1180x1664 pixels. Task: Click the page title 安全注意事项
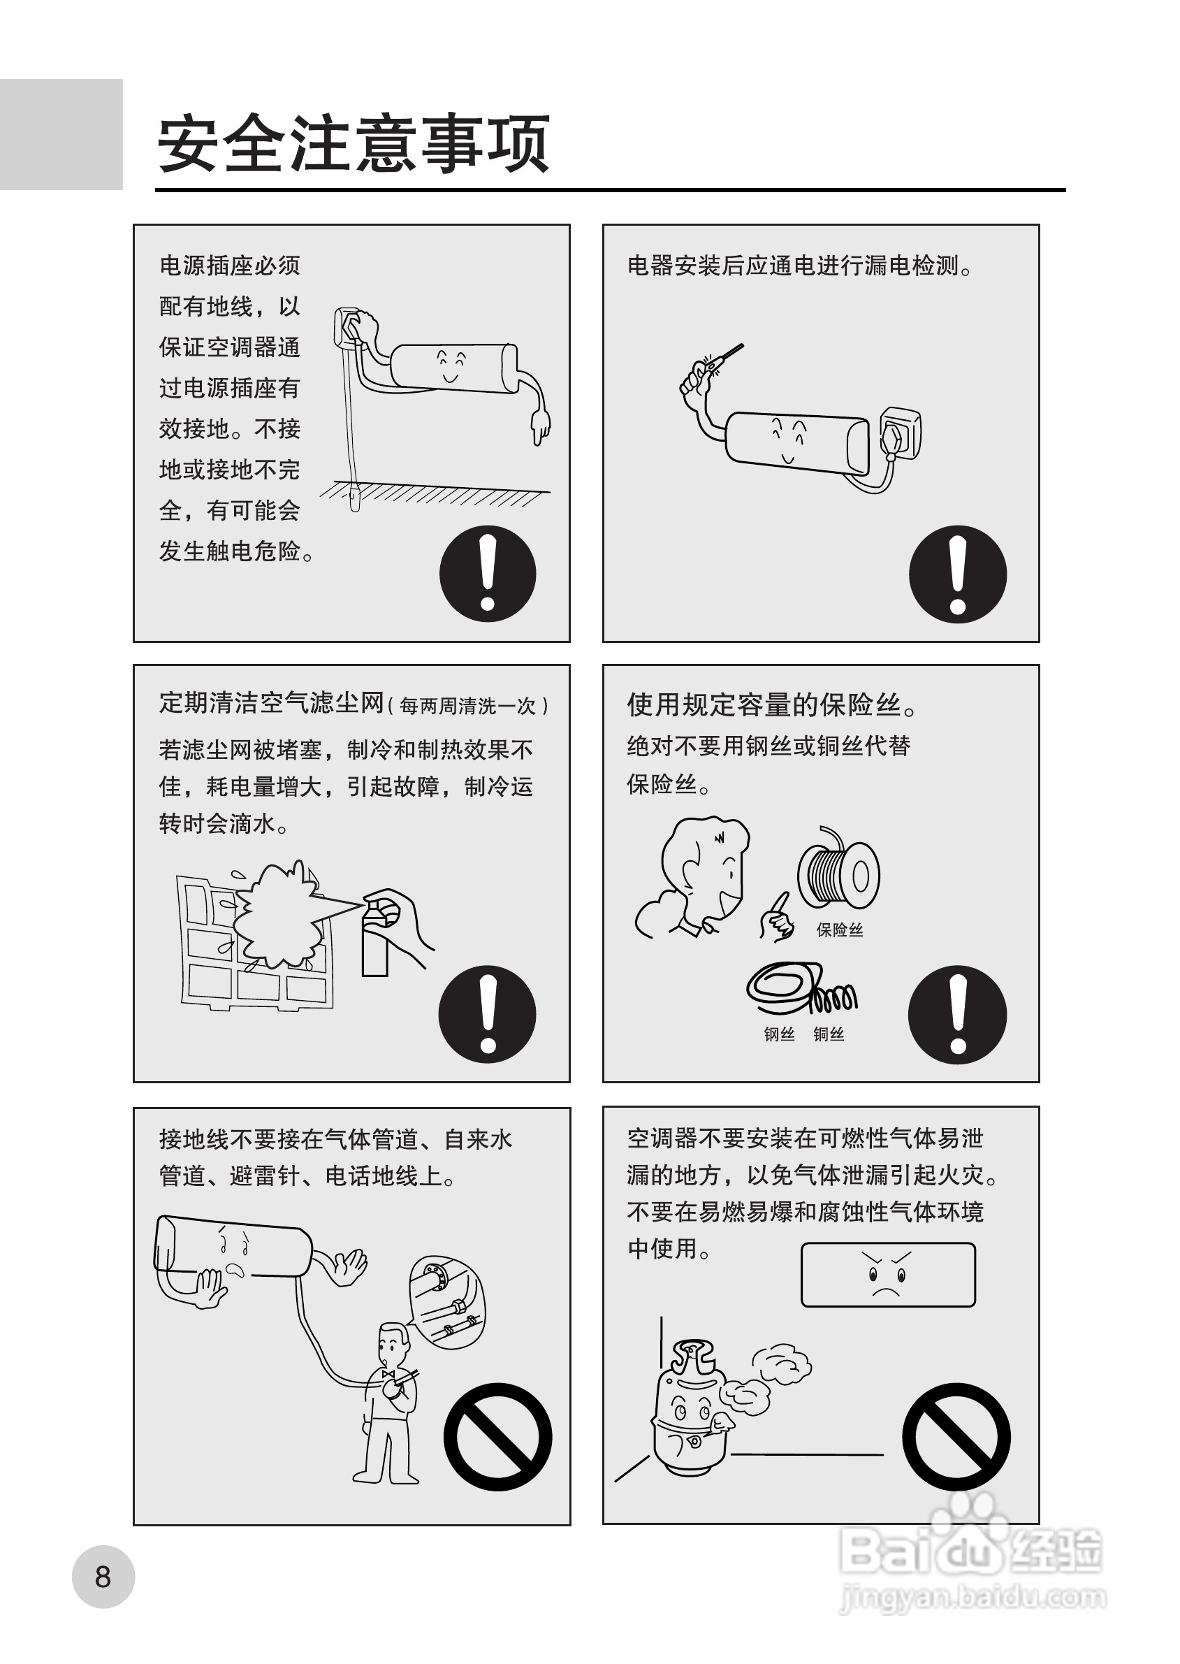(353, 143)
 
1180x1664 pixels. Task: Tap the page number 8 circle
(103, 1577)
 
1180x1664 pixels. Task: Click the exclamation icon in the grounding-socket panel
(488, 573)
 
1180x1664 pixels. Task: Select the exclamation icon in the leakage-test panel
(958, 574)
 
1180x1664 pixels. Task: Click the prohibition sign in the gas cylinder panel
(956, 1437)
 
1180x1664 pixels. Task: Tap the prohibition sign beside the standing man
(497, 1437)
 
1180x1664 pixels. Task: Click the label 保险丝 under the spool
(839, 930)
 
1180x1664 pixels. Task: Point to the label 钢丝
(779, 1034)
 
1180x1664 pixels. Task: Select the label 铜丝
(829, 1034)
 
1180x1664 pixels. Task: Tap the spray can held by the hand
(376, 937)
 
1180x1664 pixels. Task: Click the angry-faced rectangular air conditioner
(888, 1275)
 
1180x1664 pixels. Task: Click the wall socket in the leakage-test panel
(900, 435)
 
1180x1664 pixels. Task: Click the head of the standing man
(393, 1343)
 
